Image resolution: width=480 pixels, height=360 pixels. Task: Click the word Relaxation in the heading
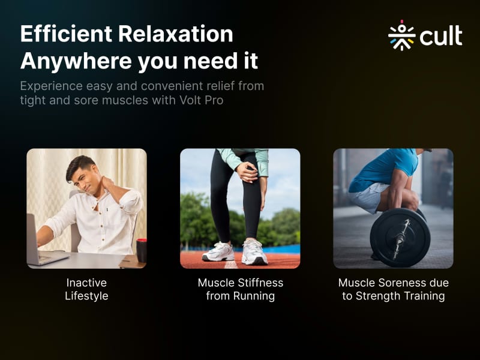tap(176, 34)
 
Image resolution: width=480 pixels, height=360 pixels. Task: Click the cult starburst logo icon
tap(401, 35)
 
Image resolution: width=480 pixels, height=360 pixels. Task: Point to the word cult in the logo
tap(441, 35)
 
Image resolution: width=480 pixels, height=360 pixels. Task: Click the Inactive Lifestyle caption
tap(86, 289)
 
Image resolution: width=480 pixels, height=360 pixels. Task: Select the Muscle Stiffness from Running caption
tap(241, 289)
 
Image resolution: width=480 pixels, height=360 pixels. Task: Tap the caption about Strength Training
tap(394, 289)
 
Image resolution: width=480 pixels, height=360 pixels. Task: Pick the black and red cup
tap(142, 250)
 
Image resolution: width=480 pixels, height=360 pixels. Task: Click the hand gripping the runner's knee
tap(247, 172)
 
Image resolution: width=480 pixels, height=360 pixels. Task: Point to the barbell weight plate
tap(400, 237)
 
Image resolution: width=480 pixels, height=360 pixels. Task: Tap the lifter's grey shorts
tap(366, 197)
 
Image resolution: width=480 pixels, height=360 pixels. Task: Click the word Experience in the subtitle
tap(52, 86)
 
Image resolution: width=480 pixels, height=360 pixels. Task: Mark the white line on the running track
tap(231, 265)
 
